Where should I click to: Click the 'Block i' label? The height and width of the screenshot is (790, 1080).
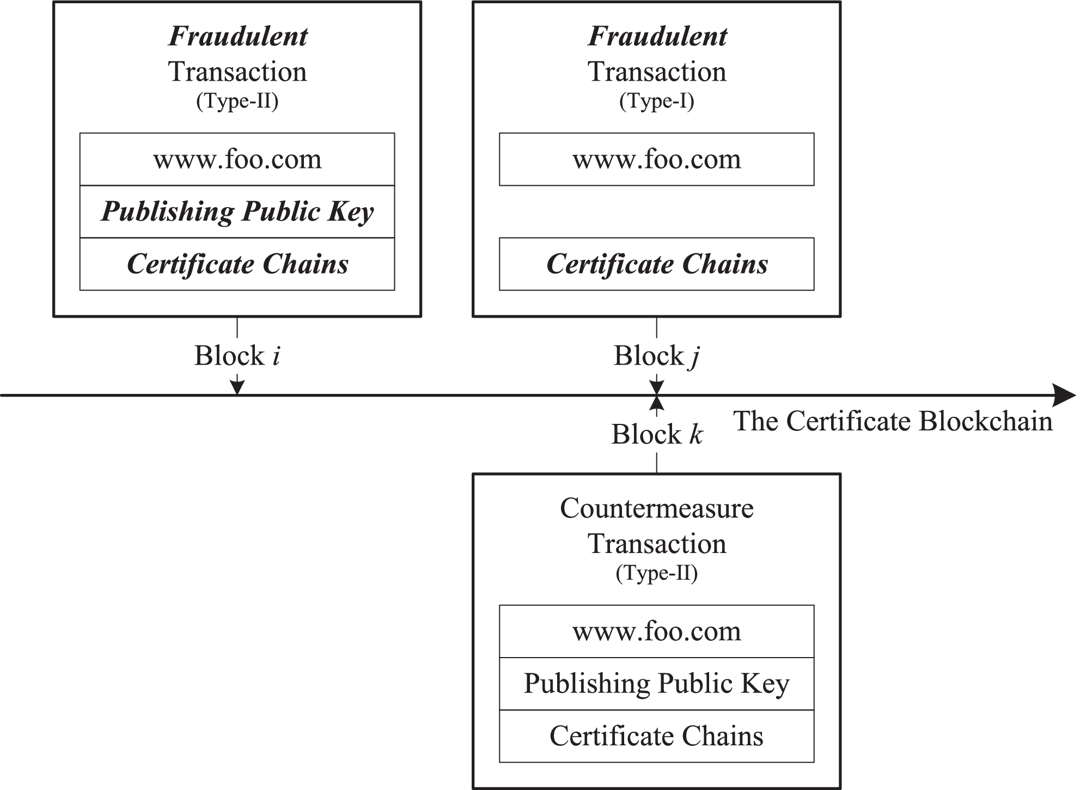pyautogui.click(x=237, y=356)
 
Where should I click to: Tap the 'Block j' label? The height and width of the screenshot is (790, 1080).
pyautogui.click(x=656, y=356)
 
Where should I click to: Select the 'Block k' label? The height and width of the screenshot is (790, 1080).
pyautogui.click(x=656, y=435)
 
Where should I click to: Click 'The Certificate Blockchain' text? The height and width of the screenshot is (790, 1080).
pyautogui.click(x=893, y=422)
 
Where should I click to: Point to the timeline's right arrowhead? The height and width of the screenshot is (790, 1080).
pyautogui.click(x=1065, y=395)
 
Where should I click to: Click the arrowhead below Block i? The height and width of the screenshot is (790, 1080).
pyautogui.click(x=237, y=386)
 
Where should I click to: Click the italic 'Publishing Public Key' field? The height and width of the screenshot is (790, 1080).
pyautogui.click(x=237, y=212)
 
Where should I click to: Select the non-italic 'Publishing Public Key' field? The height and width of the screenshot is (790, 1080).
pyautogui.click(x=656, y=684)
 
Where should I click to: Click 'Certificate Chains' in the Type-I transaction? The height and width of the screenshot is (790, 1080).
pyautogui.click(x=656, y=264)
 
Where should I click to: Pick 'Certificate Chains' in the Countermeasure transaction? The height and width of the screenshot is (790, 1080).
pyautogui.click(x=656, y=736)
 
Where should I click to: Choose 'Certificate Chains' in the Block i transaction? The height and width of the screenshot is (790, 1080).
pyautogui.click(x=237, y=264)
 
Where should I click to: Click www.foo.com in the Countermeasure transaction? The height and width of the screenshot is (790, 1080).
pyautogui.click(x=656, y=631)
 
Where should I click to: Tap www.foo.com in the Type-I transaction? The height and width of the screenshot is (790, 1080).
pyautogui.click(x=656, y=160)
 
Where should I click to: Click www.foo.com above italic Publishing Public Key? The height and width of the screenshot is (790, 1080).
pyautogui.click(x=237, y=160)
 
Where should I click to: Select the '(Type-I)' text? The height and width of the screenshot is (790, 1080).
pyautogui.click(x=656, y=101)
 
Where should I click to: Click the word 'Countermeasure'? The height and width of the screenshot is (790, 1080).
pyautogui.click(x=656, y=509)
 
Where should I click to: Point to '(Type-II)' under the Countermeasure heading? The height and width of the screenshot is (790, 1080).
pyautogui.click(x=656, y=573)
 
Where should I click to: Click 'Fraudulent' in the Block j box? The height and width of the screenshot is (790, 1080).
pyautogui.click(x=657, y=37)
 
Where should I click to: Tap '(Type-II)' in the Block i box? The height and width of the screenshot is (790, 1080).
pyautogui.click(x=237, y=101)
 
